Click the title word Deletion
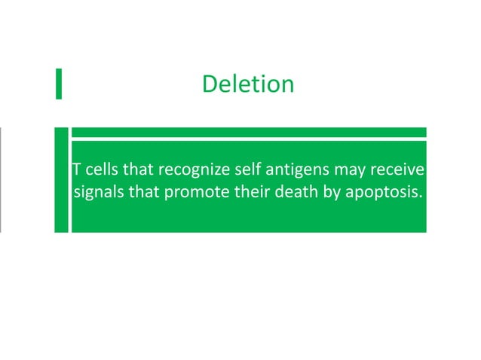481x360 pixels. [x=248, y=84]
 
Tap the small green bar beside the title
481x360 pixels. [x=58, y=84]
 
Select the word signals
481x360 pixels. [x=98, y=191]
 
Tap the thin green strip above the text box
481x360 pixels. [x=248, y=132]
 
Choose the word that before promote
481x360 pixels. [x=144, y=191]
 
